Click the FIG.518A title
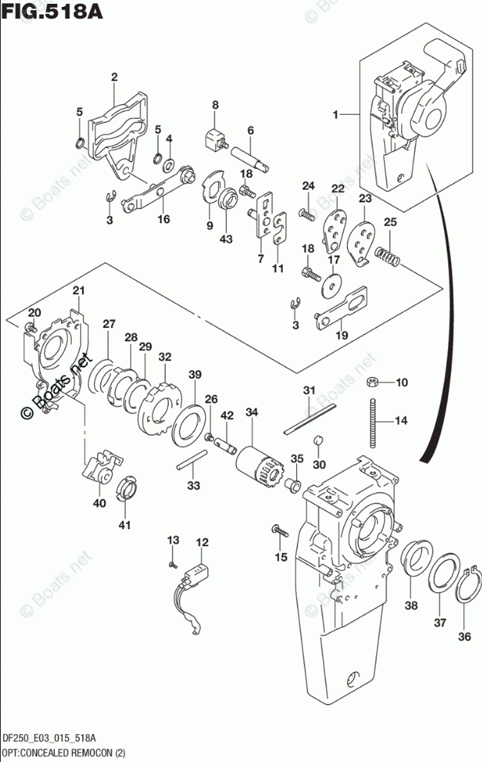point(52,11)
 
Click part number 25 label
point(389,222)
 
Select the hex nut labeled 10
point(372,382)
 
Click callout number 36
point(464,636)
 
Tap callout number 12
point(202,542)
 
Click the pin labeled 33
point(192,460)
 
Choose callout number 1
point(335,115)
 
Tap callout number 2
point(114,77)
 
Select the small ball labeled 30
point(318,440)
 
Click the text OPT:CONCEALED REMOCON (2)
point(63,754)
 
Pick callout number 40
point(99,504)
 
